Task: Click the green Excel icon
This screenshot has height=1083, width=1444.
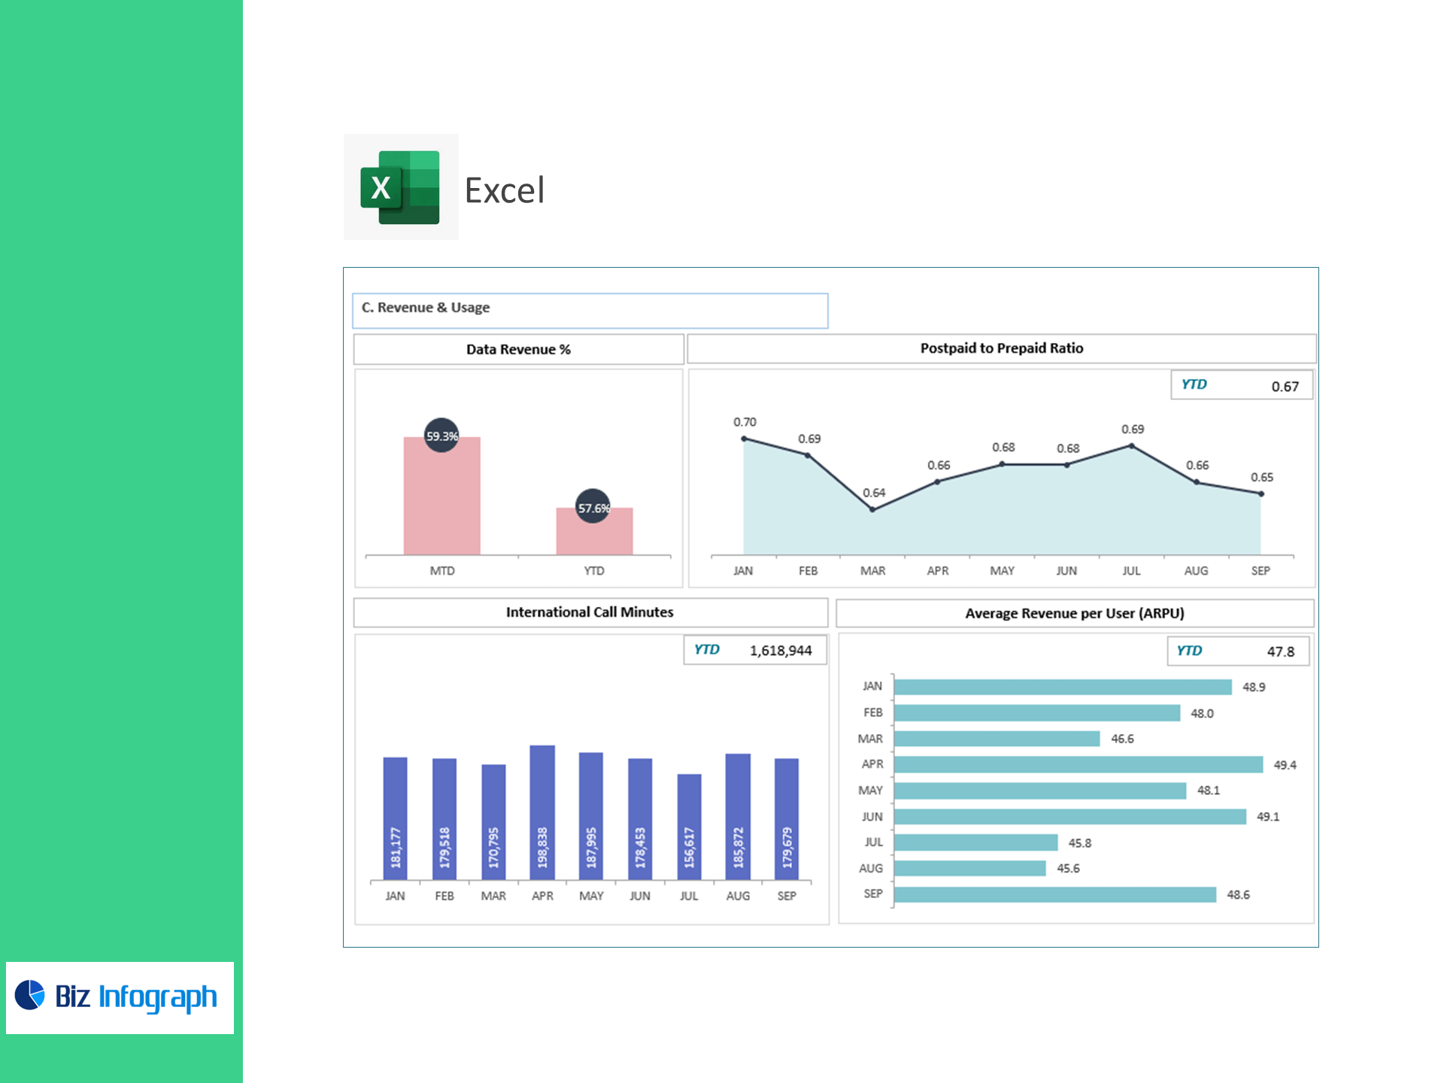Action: [400, 187]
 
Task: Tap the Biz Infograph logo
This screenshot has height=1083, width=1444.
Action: [120, 997]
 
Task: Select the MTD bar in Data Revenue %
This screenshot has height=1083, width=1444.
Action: [441, 496]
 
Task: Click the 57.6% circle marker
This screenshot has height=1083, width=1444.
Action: [593, 507]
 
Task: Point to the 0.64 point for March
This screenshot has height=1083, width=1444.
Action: [872, 509]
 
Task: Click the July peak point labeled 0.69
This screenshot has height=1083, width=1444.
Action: [1132, 446]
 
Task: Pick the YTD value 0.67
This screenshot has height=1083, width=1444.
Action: [1285, 387]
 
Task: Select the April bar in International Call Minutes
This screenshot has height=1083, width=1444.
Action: [542, 812]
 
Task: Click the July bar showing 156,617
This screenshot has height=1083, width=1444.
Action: [689, 827]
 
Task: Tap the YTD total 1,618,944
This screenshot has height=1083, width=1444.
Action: [780, 651]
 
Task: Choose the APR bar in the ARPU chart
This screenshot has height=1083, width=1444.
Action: [1078, 765]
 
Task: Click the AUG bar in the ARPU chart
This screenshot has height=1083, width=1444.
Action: [969, 869]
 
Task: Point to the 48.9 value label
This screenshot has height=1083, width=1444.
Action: [1254, 687]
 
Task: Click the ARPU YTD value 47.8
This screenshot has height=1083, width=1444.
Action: [1280, 652]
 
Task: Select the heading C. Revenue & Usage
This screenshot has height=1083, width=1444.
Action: [426, 308]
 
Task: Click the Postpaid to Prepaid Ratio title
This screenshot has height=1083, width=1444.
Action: [1001, 348]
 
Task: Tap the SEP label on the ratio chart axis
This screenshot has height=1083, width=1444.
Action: [1260, 571]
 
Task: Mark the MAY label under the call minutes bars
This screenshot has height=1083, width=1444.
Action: [591, 896]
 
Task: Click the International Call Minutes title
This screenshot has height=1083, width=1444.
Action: [590, 612]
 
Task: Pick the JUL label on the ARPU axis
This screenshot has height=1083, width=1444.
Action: [873, 842]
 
